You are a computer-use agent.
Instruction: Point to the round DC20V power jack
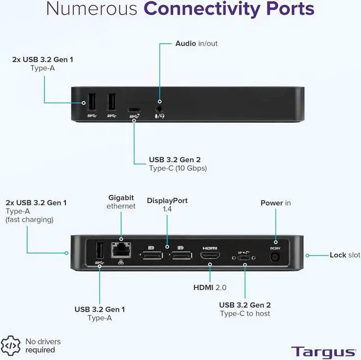click(x=275, y=256)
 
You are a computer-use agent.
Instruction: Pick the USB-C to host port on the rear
click(x=244, y=257)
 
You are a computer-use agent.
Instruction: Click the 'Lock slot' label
click(x=345, y=255)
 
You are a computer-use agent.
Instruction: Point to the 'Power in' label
click(x=275, y=203)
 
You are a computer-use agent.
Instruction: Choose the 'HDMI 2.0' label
click(x=210, y=287)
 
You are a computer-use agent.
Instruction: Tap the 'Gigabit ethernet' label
click(x=121, y=202)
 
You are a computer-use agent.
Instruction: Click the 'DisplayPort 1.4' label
click(x=167, y=204)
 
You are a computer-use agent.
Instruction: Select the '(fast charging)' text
click(x=29, y=219)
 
